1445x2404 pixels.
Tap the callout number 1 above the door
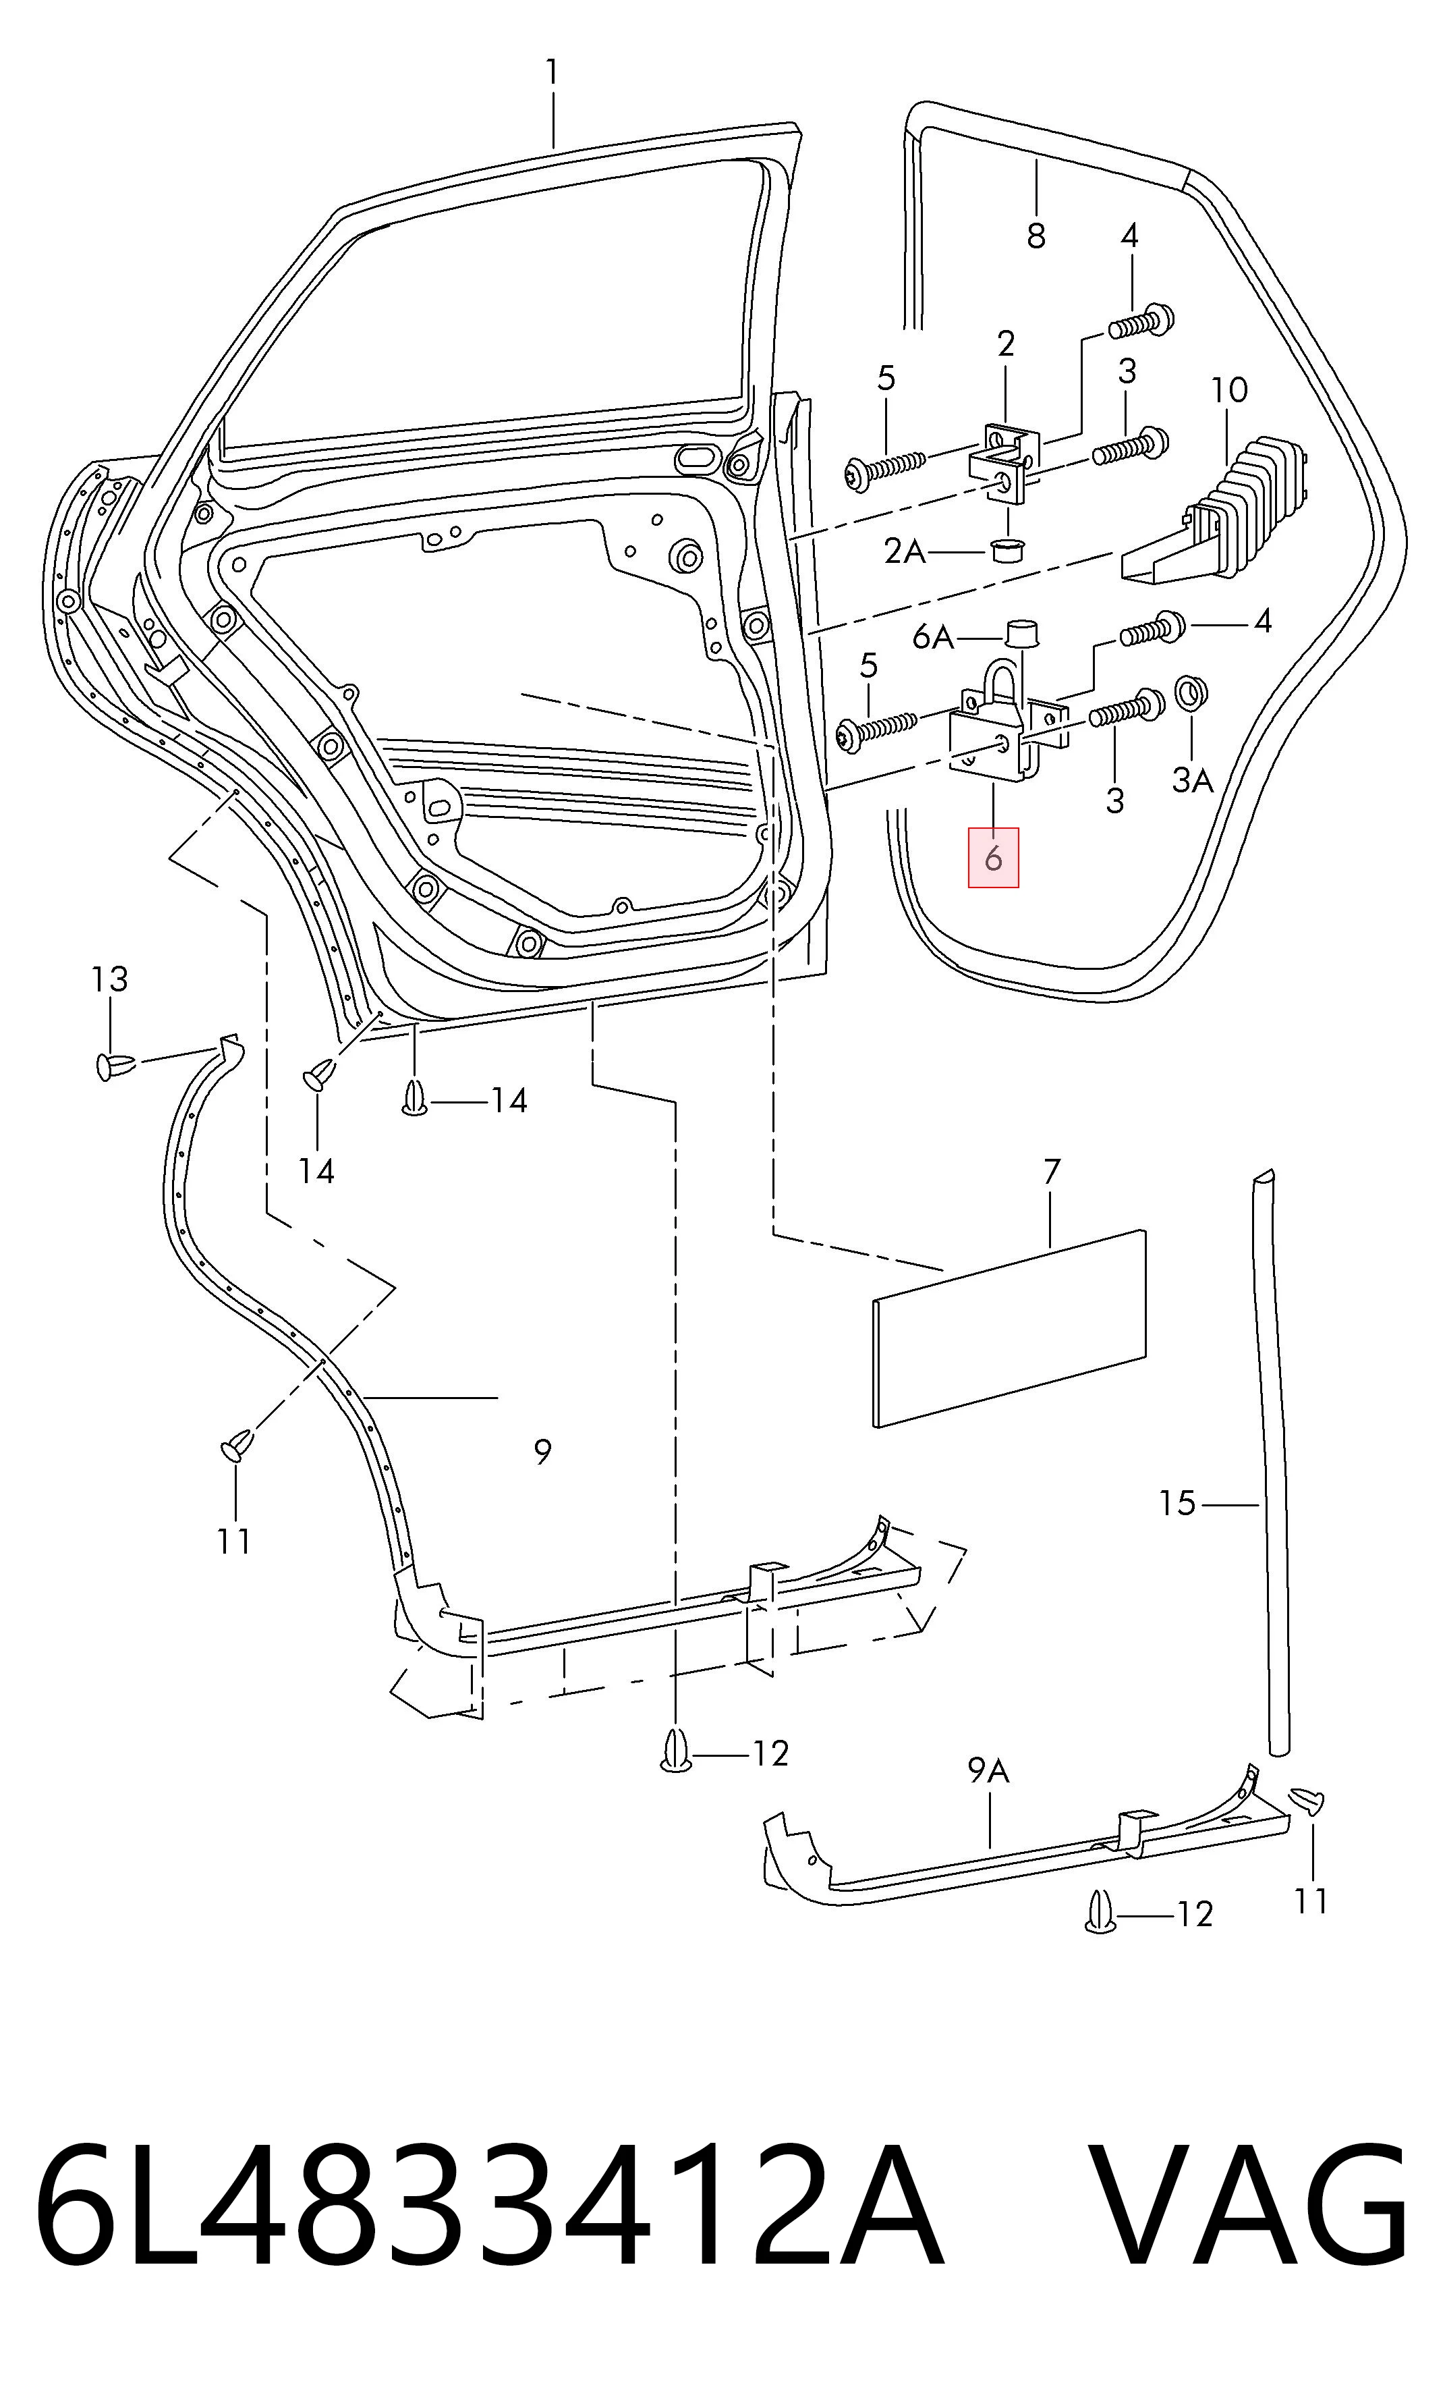click(552, 72)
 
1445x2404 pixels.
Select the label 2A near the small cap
click(905, 551)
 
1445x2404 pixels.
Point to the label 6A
click(933, 637)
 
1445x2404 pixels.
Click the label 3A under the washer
click(1192, 780)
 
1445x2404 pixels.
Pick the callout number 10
click(1229, 389)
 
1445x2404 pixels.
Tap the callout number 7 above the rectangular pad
click(1052, 1172)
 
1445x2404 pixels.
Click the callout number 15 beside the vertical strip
click(1177, 1503)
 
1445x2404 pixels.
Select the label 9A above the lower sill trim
click(988, 1770)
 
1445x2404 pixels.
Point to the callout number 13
click(109, 979)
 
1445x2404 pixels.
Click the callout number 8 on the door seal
click(1036, 235)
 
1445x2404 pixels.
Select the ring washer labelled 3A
click(1192, 692)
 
